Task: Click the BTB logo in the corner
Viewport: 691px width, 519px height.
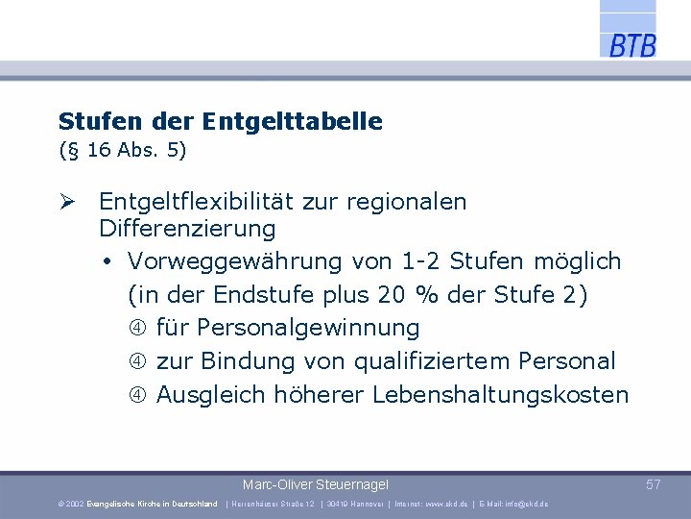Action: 631,45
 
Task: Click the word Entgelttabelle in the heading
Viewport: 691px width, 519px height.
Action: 292,122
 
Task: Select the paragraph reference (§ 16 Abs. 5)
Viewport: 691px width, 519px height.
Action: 122,151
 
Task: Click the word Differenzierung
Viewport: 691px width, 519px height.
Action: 187,230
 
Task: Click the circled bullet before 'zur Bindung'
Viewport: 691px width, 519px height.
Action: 138,362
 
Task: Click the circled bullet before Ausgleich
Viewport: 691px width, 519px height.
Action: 138,395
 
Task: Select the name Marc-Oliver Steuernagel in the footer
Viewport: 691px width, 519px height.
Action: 316,485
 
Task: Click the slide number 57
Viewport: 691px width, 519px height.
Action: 654,485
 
